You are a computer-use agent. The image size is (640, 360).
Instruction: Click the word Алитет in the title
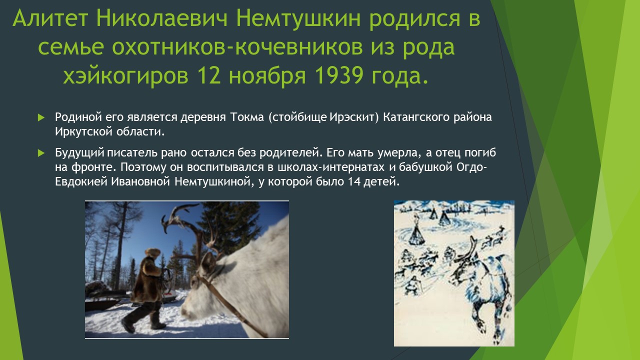pos(50,18)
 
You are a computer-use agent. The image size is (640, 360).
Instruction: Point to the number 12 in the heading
pos(209,75)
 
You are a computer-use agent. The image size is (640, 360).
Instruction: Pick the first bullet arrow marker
pos(41,117)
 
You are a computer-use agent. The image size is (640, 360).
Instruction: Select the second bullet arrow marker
pos(41,153)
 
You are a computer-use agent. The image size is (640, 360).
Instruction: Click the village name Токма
pos(247,117)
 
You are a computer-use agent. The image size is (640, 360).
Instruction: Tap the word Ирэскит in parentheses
pos(351,117)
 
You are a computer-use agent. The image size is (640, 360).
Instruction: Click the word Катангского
pos(416,117)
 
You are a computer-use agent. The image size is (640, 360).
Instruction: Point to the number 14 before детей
pos(354,181)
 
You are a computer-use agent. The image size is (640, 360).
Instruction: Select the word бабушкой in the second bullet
pos(425,167)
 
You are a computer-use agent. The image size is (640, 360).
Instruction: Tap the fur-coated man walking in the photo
pos(145,290)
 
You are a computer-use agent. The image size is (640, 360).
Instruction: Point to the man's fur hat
pos(152,252)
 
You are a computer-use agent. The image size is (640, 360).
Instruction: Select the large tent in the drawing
pos(416,233)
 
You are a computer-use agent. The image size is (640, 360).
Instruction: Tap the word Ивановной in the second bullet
pos(140,181)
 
